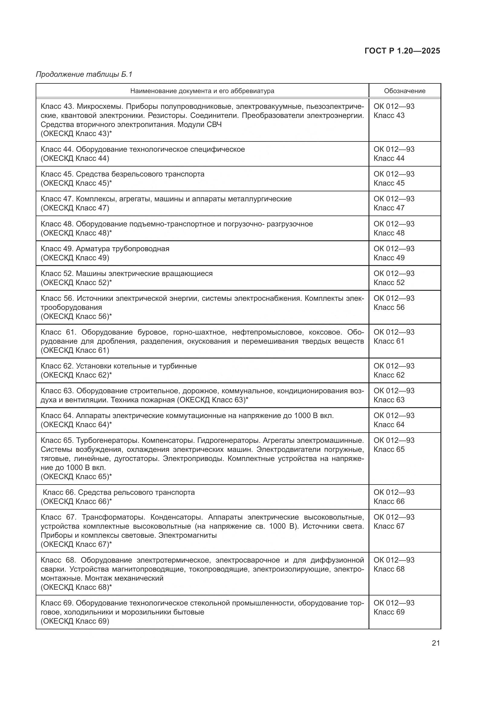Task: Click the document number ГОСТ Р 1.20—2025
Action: [x=402, y=51]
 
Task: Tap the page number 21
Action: [x=436, y=643]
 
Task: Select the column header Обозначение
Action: [x=404, y=91]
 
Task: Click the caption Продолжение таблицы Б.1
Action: [x=84, y=74]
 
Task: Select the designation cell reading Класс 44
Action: [x=389, y=158]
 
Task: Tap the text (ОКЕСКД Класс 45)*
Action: [x=76, y=183]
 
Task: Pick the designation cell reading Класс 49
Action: [x=389, y=258]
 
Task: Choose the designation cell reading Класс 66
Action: [x=389, y=501]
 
